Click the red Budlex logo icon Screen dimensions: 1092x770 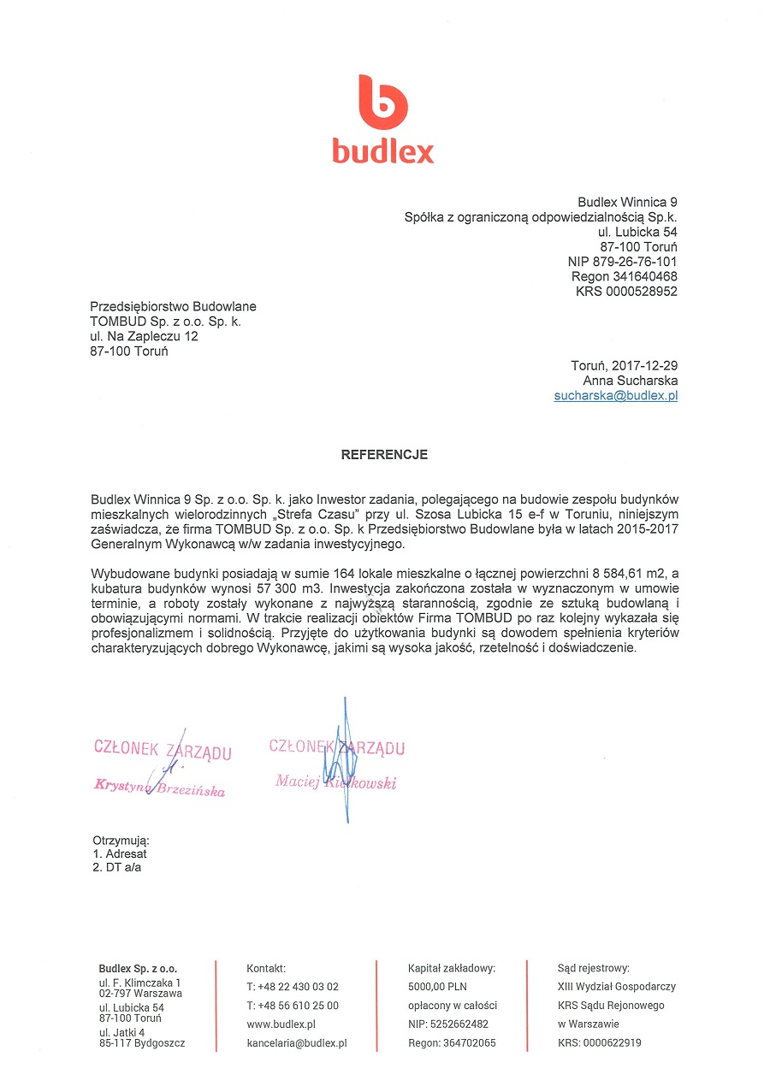point(382,102)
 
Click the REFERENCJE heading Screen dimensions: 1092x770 point(384,455)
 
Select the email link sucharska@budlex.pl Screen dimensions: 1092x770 point(616,396)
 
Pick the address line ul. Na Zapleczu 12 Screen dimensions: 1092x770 point(144,337)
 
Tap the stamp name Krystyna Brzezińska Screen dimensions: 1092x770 point(160,788)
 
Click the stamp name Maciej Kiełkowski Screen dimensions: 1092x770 point(335,782)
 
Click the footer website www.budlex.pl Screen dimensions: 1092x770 point(281,1024)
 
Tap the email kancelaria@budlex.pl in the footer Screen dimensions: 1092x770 point(296,1042)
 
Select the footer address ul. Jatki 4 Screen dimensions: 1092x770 point(121,1032)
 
